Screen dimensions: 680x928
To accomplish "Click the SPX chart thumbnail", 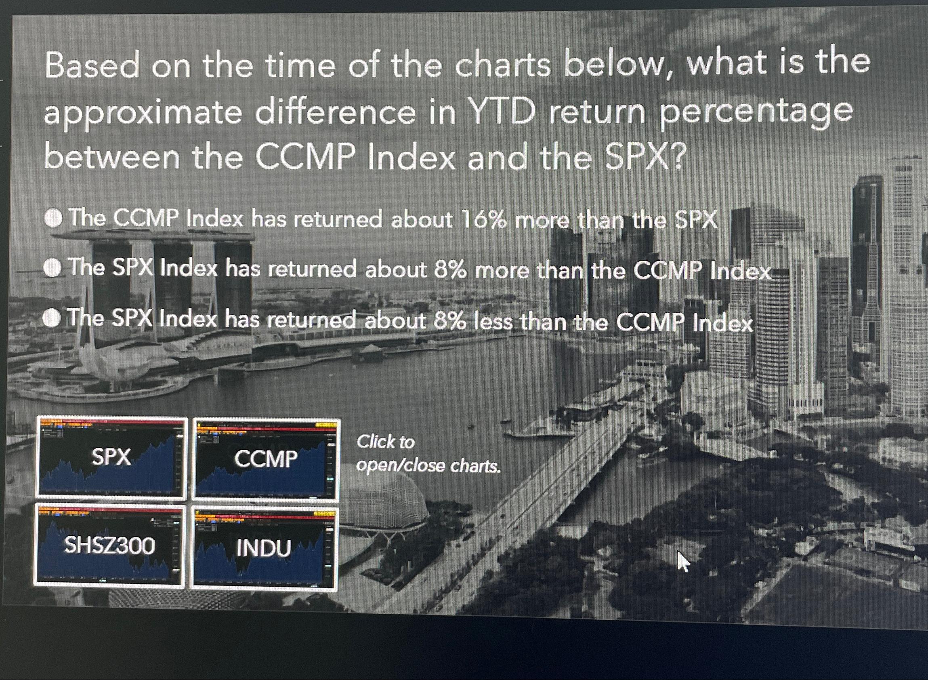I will pos(111,457).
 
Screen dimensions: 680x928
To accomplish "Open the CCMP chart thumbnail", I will pos(266,459).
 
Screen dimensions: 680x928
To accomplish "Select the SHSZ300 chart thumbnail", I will pos(109,546).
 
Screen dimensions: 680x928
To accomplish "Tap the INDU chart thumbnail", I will pos(264,549).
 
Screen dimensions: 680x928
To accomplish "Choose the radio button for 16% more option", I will pos(53,218).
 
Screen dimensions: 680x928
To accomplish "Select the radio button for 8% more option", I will pos(52,268).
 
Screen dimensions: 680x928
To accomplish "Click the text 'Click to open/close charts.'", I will pos(428,454).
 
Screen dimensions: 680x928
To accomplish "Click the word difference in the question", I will pos(335,113).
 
